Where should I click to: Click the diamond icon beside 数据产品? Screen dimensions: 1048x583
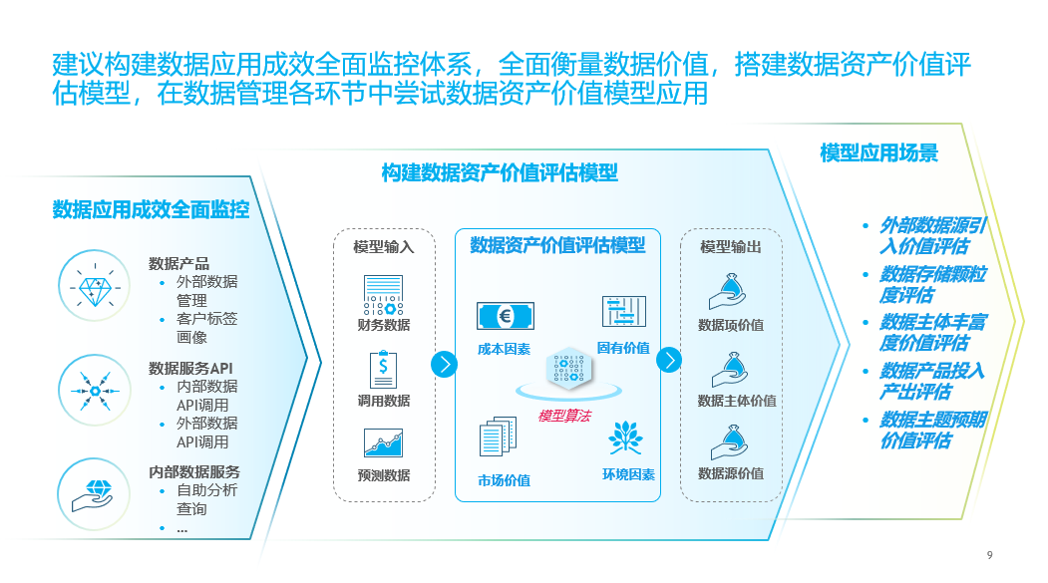click(96, 288)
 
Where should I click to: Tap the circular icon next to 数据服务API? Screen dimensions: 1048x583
click(96, 391)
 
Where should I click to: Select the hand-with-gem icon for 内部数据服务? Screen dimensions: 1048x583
click(96, 491)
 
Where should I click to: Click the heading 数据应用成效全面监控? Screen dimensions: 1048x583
click(151, 209)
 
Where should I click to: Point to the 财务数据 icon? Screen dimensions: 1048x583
click(383, 295)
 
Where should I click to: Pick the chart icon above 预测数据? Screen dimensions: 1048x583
click(383, 443)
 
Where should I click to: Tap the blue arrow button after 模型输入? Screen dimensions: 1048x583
click(444, 364)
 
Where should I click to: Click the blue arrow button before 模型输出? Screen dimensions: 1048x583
click(671, 361)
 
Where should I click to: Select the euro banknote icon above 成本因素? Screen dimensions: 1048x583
click(505, 317)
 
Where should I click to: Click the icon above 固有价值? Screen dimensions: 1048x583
click(624, 312)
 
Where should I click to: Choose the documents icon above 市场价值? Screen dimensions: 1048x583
click(500, 438)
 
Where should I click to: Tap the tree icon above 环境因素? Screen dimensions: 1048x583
click(626, 437)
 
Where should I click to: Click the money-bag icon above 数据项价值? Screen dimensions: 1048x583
click(730, 292)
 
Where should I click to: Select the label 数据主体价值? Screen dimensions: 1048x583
click(736, 401)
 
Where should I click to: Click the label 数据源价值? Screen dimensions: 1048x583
click(730, 473)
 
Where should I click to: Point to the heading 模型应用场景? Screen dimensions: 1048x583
click(878, 152)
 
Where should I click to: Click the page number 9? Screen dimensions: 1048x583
click(989, 555)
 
